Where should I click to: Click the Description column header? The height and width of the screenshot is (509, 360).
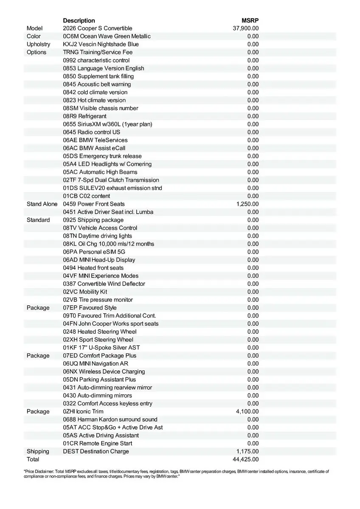pyautogui.click(x=79, y=20)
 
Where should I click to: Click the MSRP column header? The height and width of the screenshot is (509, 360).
pyautogui.click(x=250, y=20)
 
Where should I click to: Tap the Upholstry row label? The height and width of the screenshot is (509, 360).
pyautogui.click(x=38, y=44)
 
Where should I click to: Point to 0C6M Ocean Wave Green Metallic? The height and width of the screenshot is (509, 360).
pyautogui.click(x=107, y=36)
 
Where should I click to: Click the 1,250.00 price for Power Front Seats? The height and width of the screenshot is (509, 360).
pyautogui.click(x=247, y=204)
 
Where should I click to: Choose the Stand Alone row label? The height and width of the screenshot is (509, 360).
pyautogui.click(x=42, y=204)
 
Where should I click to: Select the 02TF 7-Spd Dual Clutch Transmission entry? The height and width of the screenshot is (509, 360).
pyautogui.click(x=111, y=180)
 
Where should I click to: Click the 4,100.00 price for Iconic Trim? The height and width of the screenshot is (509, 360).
pyautogui.click(x=247, y=411)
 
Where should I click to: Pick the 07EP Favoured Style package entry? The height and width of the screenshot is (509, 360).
pyautogui.click(x=90, y=308)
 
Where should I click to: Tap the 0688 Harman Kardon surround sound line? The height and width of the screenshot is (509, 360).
pyautogui.click(x=110, y=420)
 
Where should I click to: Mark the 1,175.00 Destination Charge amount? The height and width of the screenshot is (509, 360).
pyautogui.click(x=247, y=451)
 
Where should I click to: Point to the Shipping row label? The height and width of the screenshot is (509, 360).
pyautogui.click(x=38, y=451)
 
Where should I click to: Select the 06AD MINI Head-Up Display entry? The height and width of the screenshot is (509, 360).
pyautogui.click(x=99, y=260)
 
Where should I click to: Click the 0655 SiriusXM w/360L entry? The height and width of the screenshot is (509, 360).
pyautogui.click(x=107, y=124)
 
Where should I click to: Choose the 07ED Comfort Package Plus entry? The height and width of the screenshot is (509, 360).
pyautogui.click(x=100, y=355)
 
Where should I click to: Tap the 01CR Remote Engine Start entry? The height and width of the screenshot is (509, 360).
pyautogui.click(x=98, y=443)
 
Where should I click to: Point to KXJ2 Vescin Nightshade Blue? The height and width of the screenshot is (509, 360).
pyautogui.click(x=101, y=44)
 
